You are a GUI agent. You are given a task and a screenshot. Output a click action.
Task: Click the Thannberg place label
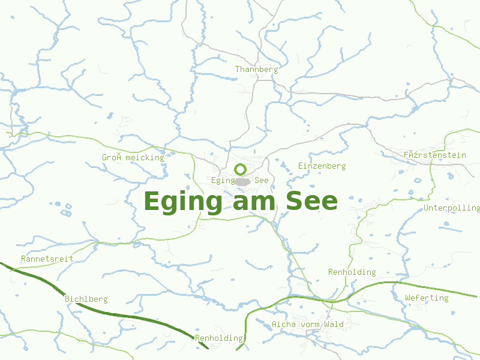[256, 69]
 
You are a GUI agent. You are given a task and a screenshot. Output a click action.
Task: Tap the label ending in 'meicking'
[133, 157]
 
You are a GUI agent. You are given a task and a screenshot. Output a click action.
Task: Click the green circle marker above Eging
[240, 169]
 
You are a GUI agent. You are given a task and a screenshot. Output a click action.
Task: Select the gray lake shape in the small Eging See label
[242, 181]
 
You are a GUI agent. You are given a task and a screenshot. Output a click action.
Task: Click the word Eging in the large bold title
[183, 202]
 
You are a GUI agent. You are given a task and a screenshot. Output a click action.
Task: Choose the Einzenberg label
[322, 166]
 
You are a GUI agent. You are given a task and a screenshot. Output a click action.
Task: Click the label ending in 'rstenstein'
[434, 155]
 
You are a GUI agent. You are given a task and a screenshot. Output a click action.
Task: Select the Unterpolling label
[452, 208]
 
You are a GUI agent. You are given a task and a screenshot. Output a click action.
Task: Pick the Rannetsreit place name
[47, 259]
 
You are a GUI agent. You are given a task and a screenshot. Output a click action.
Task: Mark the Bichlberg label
[86, 299]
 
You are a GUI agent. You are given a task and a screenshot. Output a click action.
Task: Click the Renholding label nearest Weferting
[352, 272]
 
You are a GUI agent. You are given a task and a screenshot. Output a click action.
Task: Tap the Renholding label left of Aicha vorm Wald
[218, 338]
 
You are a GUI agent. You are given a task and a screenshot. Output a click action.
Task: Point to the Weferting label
[427, 298]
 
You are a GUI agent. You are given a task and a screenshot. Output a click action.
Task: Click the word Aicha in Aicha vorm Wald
[283, 325]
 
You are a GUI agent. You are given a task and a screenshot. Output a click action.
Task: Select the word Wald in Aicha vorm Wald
[334, 325]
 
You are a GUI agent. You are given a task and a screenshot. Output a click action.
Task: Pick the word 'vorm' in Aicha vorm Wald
[310, 325]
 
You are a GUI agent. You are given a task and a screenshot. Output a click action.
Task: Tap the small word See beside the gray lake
[261, 180]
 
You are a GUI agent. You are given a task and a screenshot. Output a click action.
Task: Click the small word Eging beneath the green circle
[223, 180]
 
